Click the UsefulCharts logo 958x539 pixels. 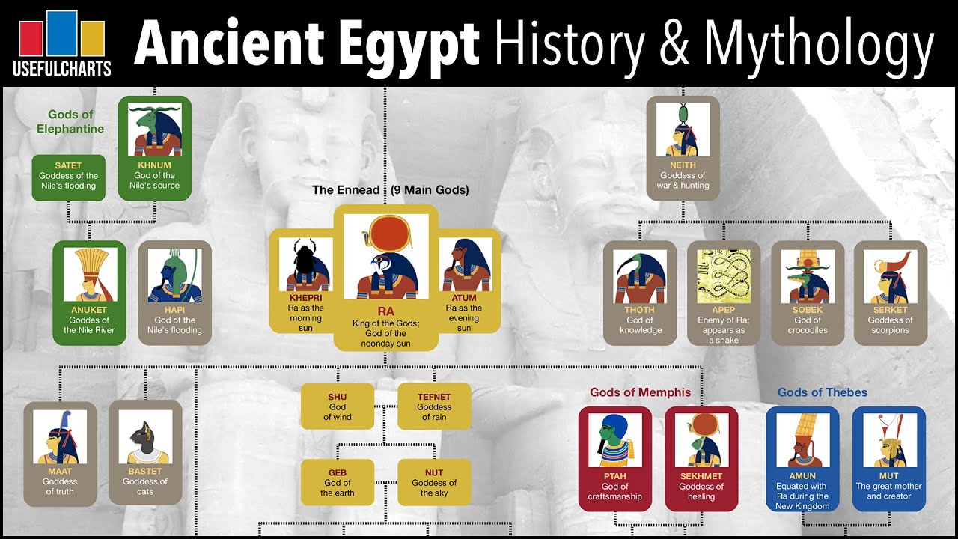(x=61, y=43)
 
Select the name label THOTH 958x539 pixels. (x=639, y=310)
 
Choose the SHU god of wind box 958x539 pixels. (x=338, y=406)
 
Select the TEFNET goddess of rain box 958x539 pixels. (x=434, y=406)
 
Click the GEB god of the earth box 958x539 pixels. (x=338, y=483)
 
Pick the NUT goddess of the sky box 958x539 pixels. (x=434, y=483)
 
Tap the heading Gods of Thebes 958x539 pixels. (x=823, y=392)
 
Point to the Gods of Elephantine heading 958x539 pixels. (x=70, y=121)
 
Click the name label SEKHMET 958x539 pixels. (x=701, y=476)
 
